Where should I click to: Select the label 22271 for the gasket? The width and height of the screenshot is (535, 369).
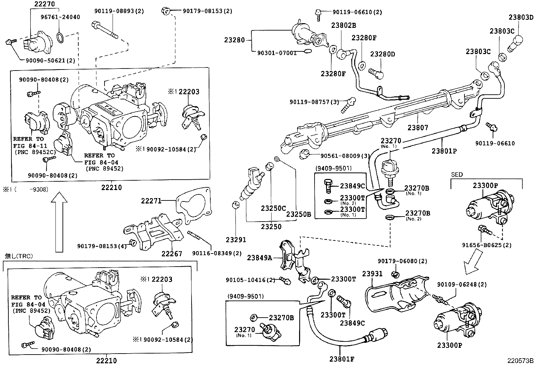coord(151,201)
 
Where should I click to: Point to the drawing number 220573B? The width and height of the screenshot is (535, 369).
coord(520,361)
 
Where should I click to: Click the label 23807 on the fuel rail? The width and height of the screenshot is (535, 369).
coord(418,128)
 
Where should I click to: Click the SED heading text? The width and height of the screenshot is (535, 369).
coord(457,175)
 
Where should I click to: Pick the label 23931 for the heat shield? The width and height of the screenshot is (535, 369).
coord(372,274)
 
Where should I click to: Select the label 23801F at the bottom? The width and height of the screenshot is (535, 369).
coord(342,359)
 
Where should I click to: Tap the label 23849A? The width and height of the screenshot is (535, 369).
coord(260,258)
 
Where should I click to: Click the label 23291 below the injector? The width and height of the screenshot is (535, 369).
coord(236,240)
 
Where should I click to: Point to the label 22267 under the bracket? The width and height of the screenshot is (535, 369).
coord(171,254)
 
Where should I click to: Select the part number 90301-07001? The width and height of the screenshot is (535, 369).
coord(277,53)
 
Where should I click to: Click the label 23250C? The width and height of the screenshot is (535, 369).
coord(273,208)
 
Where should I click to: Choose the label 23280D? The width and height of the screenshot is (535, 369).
coord(383,54)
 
